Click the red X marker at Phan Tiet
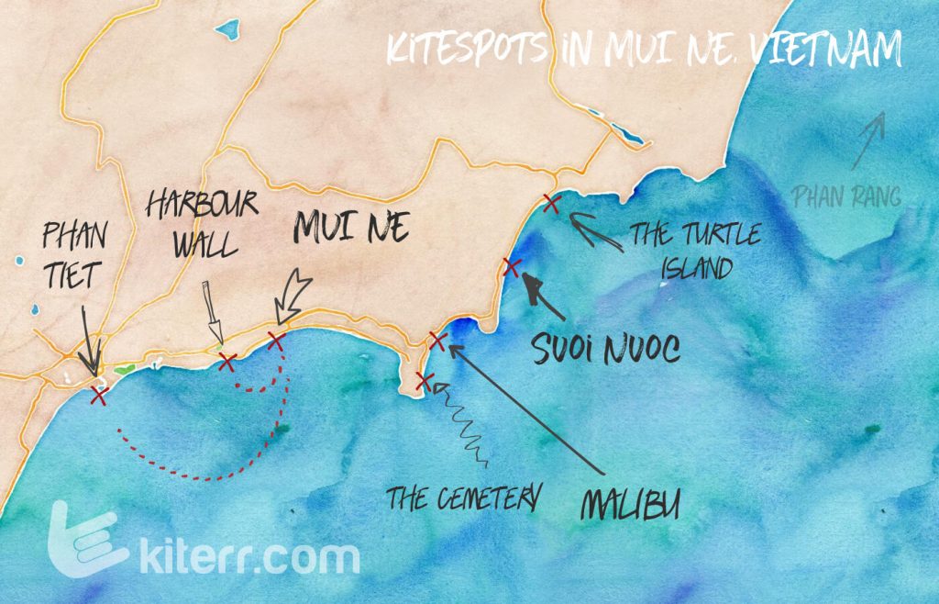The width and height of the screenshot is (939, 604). click(99, 396)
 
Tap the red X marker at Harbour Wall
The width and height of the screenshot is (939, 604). click(227, 362)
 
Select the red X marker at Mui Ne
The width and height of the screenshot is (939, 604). click(276, 341)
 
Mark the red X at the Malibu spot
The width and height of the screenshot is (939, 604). click(437, 342)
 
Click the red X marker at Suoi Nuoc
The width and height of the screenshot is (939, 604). click(513, 268)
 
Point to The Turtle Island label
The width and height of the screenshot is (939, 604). click(694, 251)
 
